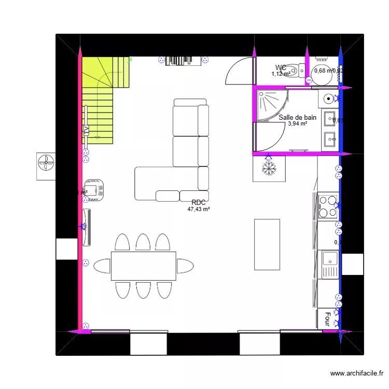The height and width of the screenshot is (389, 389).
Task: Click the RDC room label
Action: pos(199,203)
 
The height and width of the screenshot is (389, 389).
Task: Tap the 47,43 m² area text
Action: pos(199,210)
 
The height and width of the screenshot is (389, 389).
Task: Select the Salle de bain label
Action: pos(297,118)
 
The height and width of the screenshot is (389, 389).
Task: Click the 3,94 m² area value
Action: pos(297,124)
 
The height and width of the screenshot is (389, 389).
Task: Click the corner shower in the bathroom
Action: pos(271,105)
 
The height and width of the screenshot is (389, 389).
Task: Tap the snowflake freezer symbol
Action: pos(269,168)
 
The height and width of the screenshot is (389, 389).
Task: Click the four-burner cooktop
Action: pos(328,205)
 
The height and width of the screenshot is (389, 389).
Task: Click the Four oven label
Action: pos(328,318)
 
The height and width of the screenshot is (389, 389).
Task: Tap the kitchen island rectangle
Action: pos(267,244)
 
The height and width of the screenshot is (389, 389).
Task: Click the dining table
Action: pos(143,266)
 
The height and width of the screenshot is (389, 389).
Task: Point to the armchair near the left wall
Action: pos(95,189)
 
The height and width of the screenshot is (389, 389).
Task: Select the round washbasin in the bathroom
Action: pos(329,99)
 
